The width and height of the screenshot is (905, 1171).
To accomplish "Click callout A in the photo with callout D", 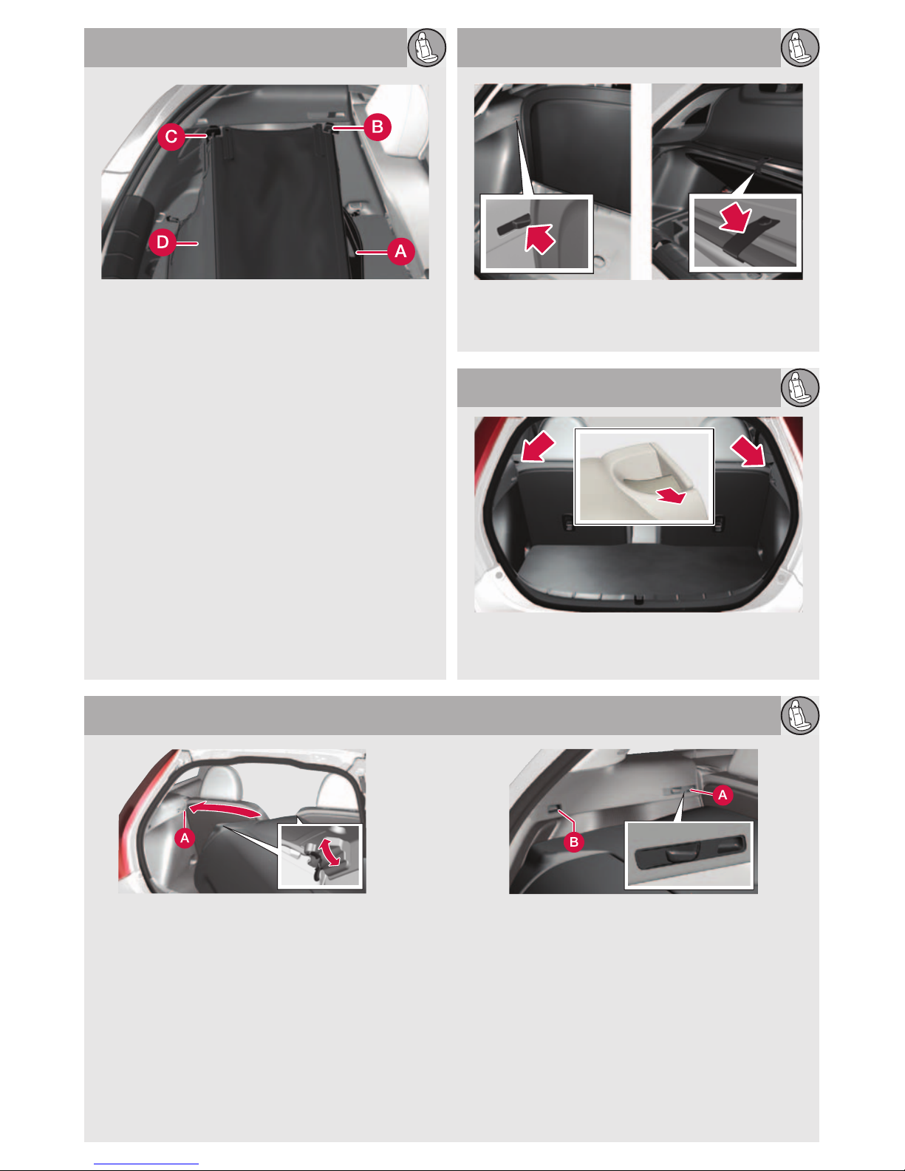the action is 400,251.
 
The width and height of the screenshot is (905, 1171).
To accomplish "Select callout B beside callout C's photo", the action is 377,127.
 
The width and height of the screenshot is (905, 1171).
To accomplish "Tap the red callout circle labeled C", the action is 171,137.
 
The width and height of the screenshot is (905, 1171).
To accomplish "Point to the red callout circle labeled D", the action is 163,242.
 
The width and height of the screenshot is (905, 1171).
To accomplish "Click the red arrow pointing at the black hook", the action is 540,238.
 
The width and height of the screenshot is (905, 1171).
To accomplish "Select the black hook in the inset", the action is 513,224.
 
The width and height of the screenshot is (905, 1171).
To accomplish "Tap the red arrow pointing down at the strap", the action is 735,216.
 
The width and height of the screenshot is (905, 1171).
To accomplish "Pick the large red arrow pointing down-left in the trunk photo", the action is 537,447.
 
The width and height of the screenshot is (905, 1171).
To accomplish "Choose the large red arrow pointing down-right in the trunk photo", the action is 748,451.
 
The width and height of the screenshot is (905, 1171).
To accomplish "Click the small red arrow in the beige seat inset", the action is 672,495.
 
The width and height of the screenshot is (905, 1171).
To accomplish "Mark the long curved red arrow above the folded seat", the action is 225,808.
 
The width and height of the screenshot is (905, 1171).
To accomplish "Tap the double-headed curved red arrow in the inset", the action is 329,852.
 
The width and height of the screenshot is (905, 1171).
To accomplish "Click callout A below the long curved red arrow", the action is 185,838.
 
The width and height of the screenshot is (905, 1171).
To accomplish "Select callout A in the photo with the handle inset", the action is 723,794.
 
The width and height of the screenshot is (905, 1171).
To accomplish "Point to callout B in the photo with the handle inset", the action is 574,841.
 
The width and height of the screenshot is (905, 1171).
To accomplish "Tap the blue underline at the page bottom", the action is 146,1164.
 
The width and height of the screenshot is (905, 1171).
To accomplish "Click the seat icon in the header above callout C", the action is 427,47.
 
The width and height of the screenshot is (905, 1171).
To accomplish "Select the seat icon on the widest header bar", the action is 800,715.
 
